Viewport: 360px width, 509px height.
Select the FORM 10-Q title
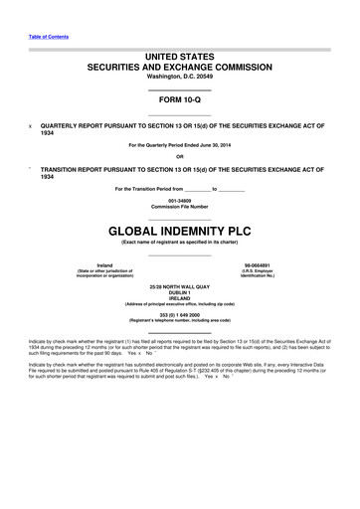(x=181, y=101)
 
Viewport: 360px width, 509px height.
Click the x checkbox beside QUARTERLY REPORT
(x=30, y=126)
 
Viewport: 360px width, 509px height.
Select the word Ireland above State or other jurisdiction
(x=91, y=264)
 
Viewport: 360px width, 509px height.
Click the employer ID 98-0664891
(x=270, y=264)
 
